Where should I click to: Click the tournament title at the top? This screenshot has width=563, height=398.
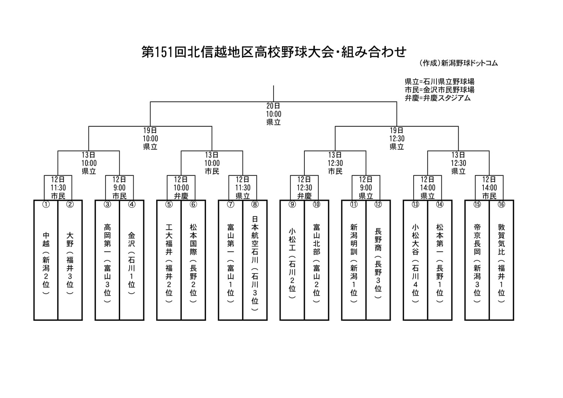[274, 52]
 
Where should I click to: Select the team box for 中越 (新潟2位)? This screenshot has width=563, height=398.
[46, 260]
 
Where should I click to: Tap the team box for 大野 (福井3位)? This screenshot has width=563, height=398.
[70, 260]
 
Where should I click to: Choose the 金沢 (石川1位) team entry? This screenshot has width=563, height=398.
[132, 260]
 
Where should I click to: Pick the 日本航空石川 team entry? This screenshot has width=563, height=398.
[255, 260]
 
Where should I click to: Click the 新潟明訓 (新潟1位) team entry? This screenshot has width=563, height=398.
[354, 260]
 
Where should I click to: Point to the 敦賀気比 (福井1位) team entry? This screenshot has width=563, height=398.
[501, 260]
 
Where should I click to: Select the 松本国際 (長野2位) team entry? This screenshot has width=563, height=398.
[193, 260]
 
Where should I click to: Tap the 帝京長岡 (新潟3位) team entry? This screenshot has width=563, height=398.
[477, 260]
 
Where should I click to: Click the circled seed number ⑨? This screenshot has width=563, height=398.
[292, 204]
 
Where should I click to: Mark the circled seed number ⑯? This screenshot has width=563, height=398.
[501, 204]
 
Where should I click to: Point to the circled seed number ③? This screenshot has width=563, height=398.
[107, 204]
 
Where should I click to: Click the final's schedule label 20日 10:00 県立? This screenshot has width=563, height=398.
[274, 114]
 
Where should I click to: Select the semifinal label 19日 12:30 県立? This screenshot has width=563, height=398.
[397, 138]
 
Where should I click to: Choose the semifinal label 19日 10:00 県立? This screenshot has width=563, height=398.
[150, 138]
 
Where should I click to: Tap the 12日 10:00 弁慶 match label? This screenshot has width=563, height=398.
[181, 188]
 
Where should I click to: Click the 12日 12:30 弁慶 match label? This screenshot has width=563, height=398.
[304, 188]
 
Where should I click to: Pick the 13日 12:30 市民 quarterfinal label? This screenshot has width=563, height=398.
[335, 163]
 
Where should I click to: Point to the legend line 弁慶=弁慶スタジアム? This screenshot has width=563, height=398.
[438, 98]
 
